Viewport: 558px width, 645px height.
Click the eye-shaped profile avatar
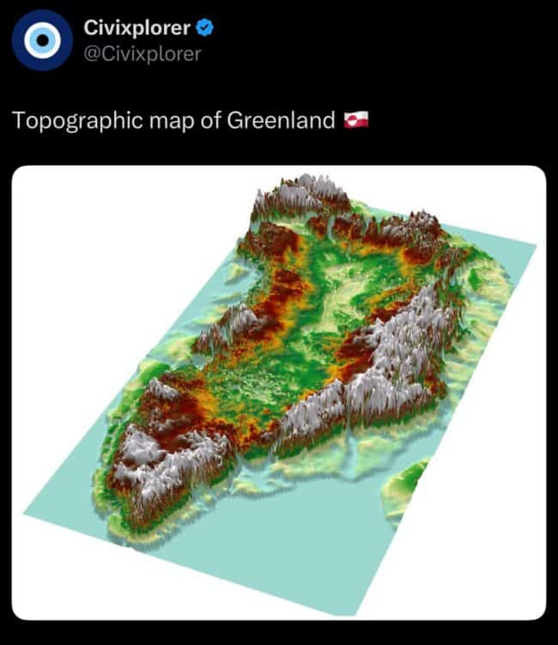coord(41,40)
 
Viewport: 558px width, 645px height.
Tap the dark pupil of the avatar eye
coord(41,40)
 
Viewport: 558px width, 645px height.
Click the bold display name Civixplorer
coord(137,27)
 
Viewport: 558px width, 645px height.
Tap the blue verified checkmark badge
coord(205,28)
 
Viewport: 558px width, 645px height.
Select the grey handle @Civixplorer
coord(143,53)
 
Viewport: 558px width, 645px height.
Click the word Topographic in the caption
coord(70,119)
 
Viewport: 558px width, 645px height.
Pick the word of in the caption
coord(209,119)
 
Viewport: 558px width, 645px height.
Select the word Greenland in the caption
coord(281,119)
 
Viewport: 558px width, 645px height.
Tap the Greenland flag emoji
coord(356,119)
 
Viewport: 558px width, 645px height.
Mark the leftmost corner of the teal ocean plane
coord(22,516)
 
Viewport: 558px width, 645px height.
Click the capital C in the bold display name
coord(90,27)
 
